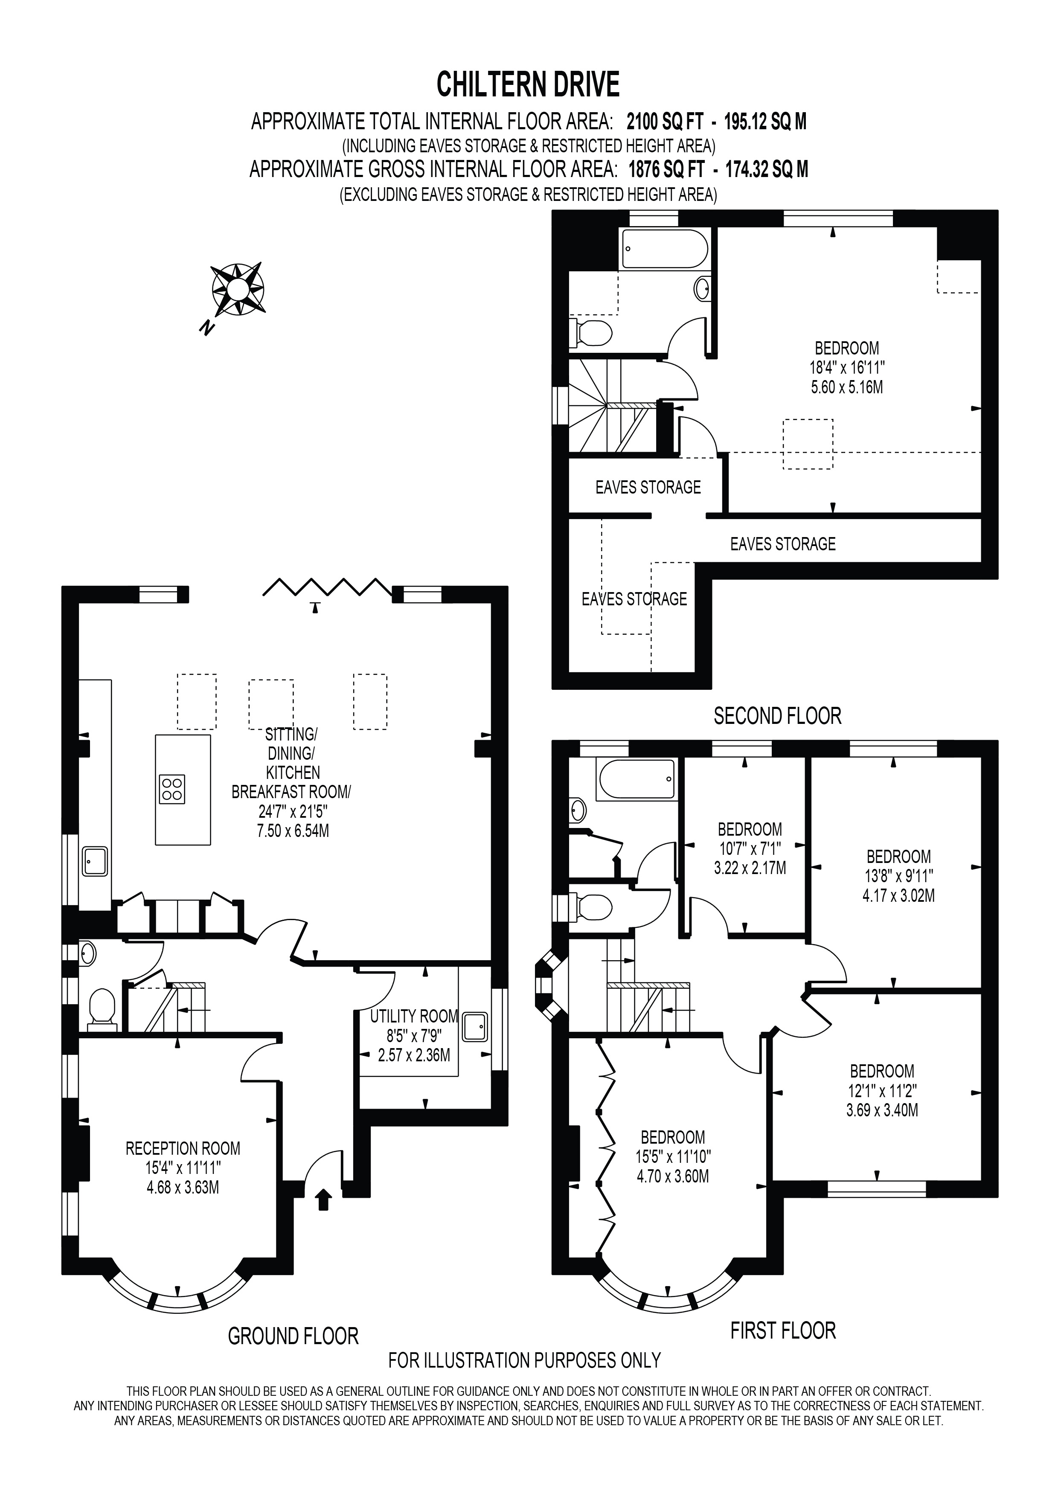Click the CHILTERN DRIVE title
click(x=528, y=85)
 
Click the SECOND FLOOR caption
click(x=777, y=716)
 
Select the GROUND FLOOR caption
click(x=293, y=1336)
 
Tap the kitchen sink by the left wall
click(x=95, y=861)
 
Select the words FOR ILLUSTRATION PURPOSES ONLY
click(x=524, y=1360)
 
